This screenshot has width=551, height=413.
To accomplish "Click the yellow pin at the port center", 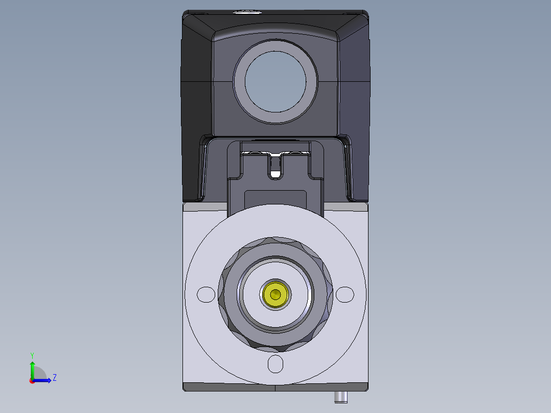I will [275, 294].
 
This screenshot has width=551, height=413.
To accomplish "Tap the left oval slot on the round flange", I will [206, 294].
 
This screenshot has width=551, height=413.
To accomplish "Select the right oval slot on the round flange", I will [345, 294].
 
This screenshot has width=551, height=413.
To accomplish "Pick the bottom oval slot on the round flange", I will [275, 364].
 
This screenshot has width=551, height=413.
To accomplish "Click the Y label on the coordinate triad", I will [32, 355].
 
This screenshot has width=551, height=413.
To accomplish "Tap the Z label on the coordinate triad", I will [55, 378].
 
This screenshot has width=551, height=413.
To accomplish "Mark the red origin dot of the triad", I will [32, 381].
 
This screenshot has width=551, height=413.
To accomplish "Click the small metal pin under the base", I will [340, 397].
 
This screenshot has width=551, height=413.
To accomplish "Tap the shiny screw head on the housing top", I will [247, 11].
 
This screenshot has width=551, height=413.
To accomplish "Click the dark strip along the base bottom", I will [230, 387].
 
